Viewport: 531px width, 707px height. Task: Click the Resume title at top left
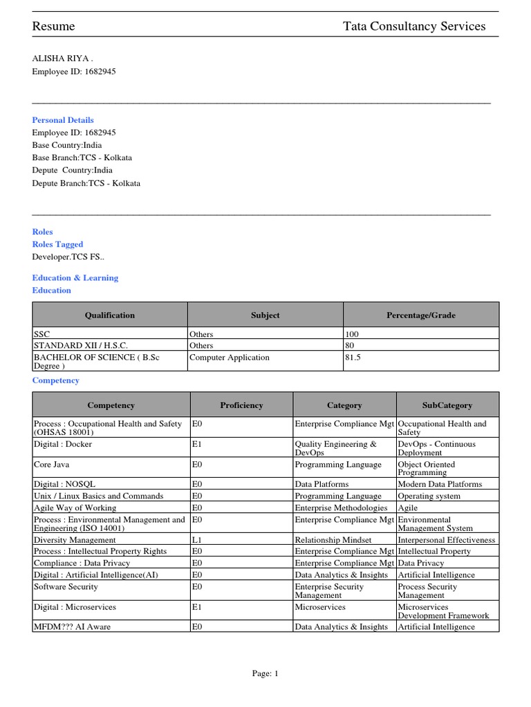click(x=54, y=26)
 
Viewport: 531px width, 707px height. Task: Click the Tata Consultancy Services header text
click(x=414, y=26)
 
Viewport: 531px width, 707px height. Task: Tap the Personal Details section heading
click(x=63, y=120)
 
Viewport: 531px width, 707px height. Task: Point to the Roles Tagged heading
click(x=57, y=244)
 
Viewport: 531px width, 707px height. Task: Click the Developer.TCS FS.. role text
click(x=68, y=257)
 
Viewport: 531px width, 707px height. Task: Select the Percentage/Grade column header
click(x=421, y=315)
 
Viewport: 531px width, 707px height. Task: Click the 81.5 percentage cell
click(x=353, y=358)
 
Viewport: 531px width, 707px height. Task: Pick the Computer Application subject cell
click(x=230, y=358)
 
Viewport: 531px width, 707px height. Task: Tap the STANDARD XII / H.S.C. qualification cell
click(x=81, y=345)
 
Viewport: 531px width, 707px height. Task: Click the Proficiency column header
click(x=241, y=405)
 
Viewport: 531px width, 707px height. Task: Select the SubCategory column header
click(x=447, y=405)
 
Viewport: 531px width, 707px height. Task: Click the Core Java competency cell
click(x=52, y=465)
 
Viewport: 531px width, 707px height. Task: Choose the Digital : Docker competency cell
click(x=63, y=445)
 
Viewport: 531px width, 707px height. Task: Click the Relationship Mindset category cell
click(x=333, y=540)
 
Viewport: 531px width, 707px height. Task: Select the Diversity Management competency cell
click(x=75, y=540)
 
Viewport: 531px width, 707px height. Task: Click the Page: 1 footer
click(x=265, y=674)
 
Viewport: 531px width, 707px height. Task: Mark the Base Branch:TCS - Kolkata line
click(x=82, y=157)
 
